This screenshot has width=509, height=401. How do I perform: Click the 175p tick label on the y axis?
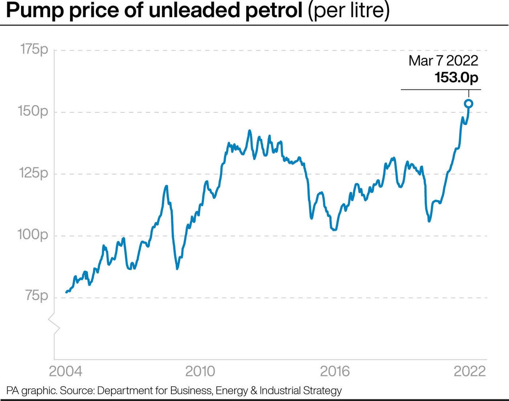(x=34, y=49)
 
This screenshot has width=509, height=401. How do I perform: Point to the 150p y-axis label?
(x=33, y=111)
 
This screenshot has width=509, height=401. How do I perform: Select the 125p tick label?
(x=33, y=173)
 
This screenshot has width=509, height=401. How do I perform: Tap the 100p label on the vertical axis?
(x=33, y=235)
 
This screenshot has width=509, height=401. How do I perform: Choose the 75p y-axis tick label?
(x=36, y=296)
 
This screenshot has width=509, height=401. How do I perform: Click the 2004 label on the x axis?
(x=66, y=371)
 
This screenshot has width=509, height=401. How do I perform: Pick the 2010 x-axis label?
(x=200, y=371)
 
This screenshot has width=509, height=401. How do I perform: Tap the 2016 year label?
(x=335, y=371)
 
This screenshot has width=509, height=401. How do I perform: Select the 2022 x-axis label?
(x=470, y=371)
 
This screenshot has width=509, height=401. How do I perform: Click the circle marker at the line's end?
(x=468, y=104)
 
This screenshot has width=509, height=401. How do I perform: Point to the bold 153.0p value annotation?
(x=456, y=77)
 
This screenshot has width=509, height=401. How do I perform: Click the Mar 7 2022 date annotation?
(x=443, y=61)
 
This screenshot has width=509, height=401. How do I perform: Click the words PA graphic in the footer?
(x=31, y=391)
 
